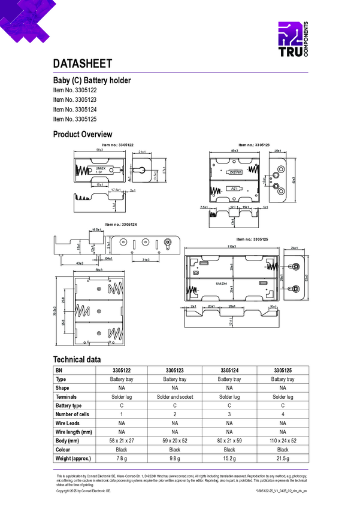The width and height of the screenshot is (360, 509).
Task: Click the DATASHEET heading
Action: [83, 64]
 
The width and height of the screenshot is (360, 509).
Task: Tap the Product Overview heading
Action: [83, 134]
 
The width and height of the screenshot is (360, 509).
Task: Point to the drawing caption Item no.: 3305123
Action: [254, 145]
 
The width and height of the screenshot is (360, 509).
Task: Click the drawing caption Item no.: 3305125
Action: [253, 240]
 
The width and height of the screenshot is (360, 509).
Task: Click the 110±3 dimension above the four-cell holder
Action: [231, 247]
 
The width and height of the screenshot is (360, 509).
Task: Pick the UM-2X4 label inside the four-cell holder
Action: [222, 283]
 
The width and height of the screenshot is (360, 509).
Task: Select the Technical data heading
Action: [77, 359]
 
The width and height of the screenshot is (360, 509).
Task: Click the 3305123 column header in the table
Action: [174, 371]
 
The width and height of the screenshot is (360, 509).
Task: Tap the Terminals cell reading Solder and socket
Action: [174, 397]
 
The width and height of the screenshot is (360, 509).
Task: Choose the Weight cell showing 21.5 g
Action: [282, 458]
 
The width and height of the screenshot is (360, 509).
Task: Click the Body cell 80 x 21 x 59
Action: [229, 441]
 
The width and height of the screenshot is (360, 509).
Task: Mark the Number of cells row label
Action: [72, 414]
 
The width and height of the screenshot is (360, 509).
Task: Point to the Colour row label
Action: [64, 450]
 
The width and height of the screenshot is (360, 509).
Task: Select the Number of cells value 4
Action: [282, 414]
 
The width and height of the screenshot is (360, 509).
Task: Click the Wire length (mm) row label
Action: [74, 432]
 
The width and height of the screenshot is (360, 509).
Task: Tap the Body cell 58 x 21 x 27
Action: [122, 441]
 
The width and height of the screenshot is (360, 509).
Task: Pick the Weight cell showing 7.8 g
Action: [122, 458]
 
